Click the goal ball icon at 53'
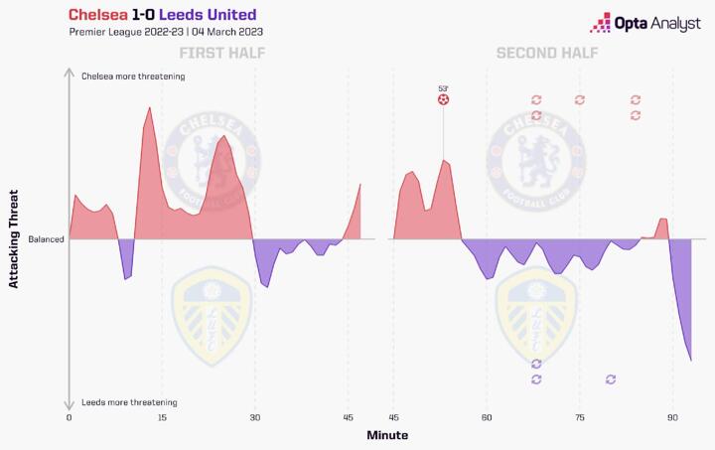(x=443, y=99)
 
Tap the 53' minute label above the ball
(x=443, y=88)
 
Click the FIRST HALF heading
(x=215, y=53)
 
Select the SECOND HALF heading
(x=547, y=53)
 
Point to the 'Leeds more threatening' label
(x=129, y=402)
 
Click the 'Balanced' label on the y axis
(x=46, y=239)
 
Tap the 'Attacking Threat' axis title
(x=14, y=239)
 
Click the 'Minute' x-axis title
(x=386, y=435)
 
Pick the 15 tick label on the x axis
(x=161, y=418)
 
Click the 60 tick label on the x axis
(x=487, y=418)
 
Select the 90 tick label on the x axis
(x=672, y=418)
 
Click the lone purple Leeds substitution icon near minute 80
(x=611, y=378)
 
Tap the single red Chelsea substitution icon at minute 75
(x=580, y=99)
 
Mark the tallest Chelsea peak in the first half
(x=148, y=106)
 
